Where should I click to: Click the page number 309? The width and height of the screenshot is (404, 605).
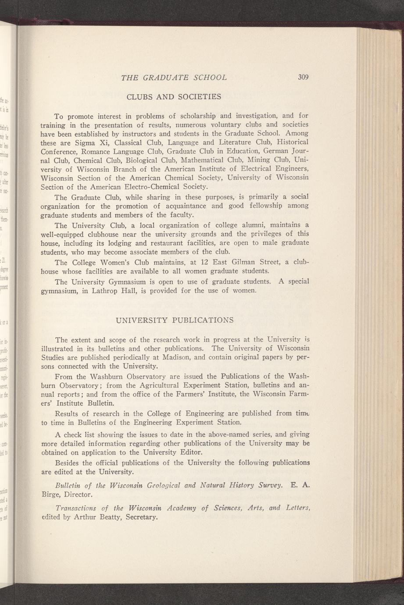coord(303,78)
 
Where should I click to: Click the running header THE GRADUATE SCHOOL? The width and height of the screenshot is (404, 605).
coord(174,78)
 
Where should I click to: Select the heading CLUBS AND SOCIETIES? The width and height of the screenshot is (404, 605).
coord(174,96)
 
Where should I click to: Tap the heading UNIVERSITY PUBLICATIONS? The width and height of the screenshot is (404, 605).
coord(174,320)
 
